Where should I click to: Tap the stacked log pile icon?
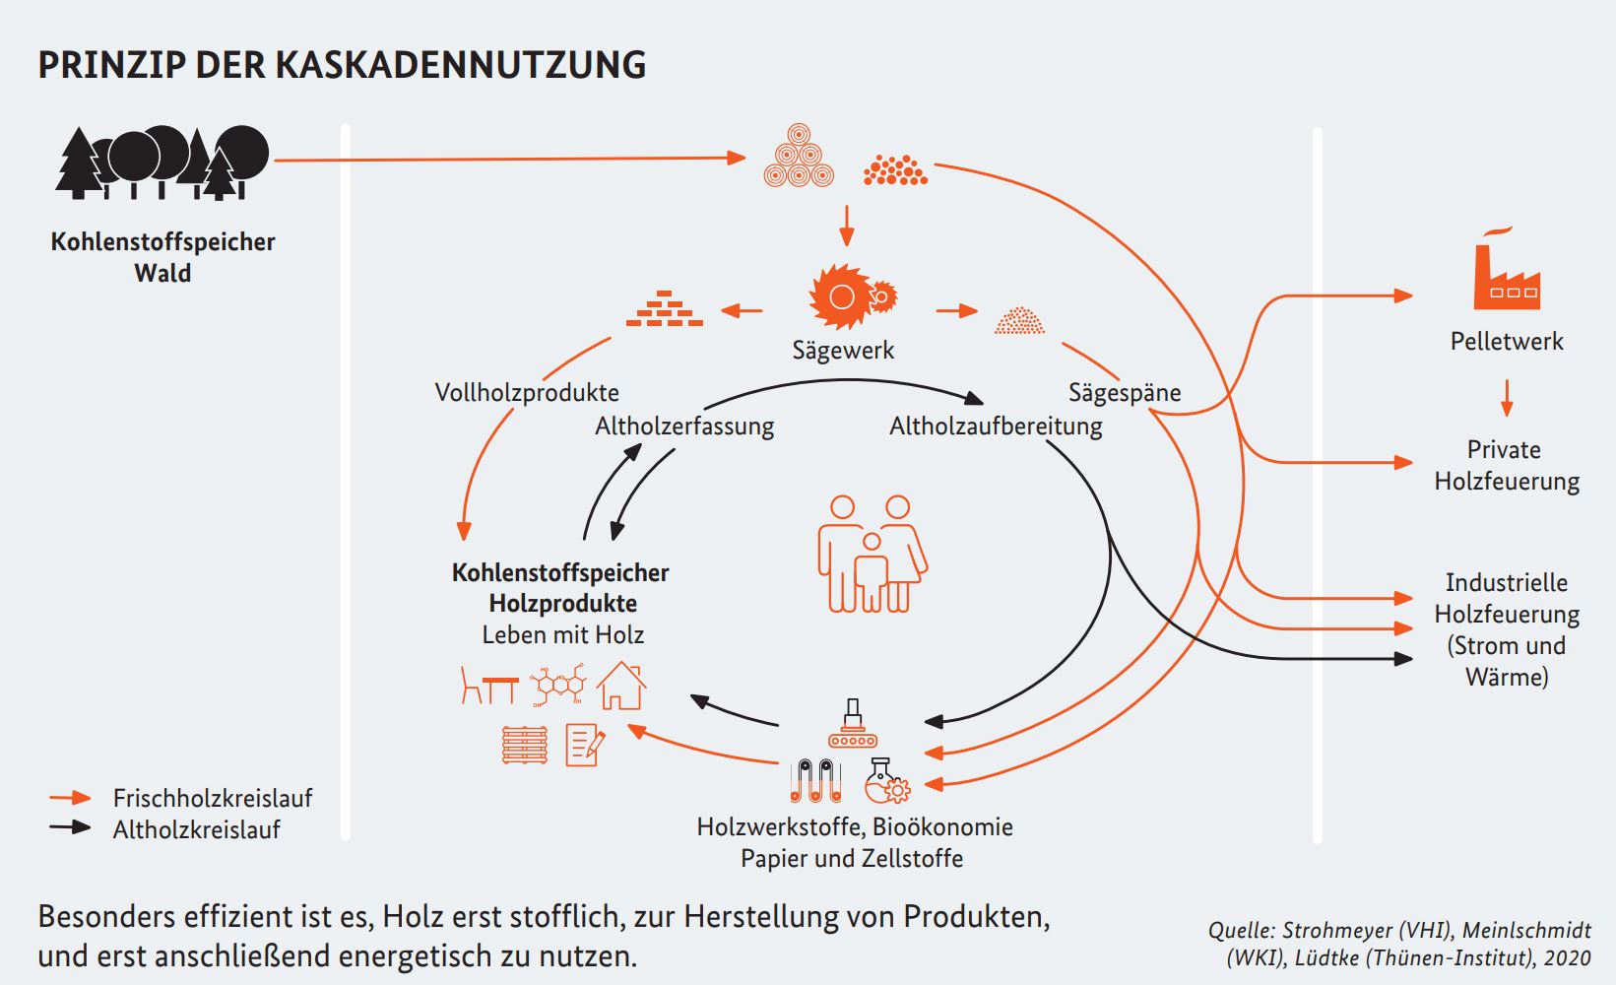pos(799,157)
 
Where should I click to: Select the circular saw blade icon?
pos(843,295)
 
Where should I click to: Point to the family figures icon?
pos(872,554)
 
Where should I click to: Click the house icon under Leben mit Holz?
pos(621,686)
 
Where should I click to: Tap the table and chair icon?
pos(489,686)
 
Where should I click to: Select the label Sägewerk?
pos(843,350)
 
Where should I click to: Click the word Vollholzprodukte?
pos(527,392)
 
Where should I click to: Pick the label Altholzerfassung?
pos(684,426)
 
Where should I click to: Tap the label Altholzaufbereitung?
pos(996,426)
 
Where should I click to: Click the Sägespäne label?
pos(1125,392)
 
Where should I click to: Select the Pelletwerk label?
pos(1507,341)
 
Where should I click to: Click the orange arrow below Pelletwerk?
pos(1506,398)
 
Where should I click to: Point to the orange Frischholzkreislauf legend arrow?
pos(71,798)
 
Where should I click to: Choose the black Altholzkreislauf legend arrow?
pos(71,828)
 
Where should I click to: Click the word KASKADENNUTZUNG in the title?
pos(460,65)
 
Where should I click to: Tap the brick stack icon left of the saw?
pos(665,309)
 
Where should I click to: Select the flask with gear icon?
pos(887,782)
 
